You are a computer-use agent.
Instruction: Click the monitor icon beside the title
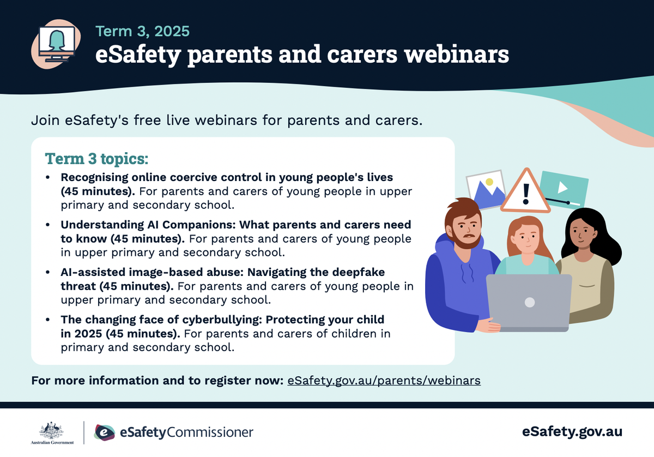click(x=57, y=44)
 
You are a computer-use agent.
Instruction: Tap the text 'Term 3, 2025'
click(x=142, y=31)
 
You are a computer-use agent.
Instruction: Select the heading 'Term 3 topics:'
click(x=96, y=159)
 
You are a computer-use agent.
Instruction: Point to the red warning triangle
click(x=526, y=191)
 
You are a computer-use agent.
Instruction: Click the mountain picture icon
click(x=486, y=189)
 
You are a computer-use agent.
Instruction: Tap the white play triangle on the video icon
click(x=562, y=188)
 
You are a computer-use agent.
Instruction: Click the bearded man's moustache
click(x=469, y=236)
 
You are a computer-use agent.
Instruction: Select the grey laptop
click(x=529, y=303)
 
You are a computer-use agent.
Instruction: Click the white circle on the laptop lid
click(x=530, y=303)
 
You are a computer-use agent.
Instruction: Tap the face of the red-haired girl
click(x=527, y=238)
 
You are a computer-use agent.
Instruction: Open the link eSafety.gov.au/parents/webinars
click(x=384, y=381)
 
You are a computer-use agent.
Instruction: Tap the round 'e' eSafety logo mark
click(x=105, y=432)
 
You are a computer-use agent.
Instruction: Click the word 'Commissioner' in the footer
click(x=210, y=432)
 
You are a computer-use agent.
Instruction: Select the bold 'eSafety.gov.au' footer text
click(x=572, y=432)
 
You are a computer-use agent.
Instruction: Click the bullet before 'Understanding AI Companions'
click(x=48, y=225)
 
